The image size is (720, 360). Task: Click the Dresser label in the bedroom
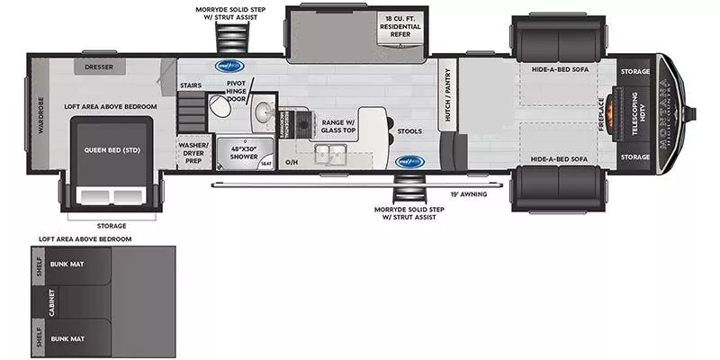click(x=99, y=67)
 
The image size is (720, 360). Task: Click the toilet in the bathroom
click(x=218, y=109)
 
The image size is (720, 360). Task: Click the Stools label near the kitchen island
click(x=409, y=131)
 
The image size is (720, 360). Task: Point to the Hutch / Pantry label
click(x=445, y=97)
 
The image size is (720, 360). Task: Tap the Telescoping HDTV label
click(x=634, y=112)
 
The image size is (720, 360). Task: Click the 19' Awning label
click(x=468, y=193)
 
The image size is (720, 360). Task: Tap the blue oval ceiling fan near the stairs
click(x=226, y=65)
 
